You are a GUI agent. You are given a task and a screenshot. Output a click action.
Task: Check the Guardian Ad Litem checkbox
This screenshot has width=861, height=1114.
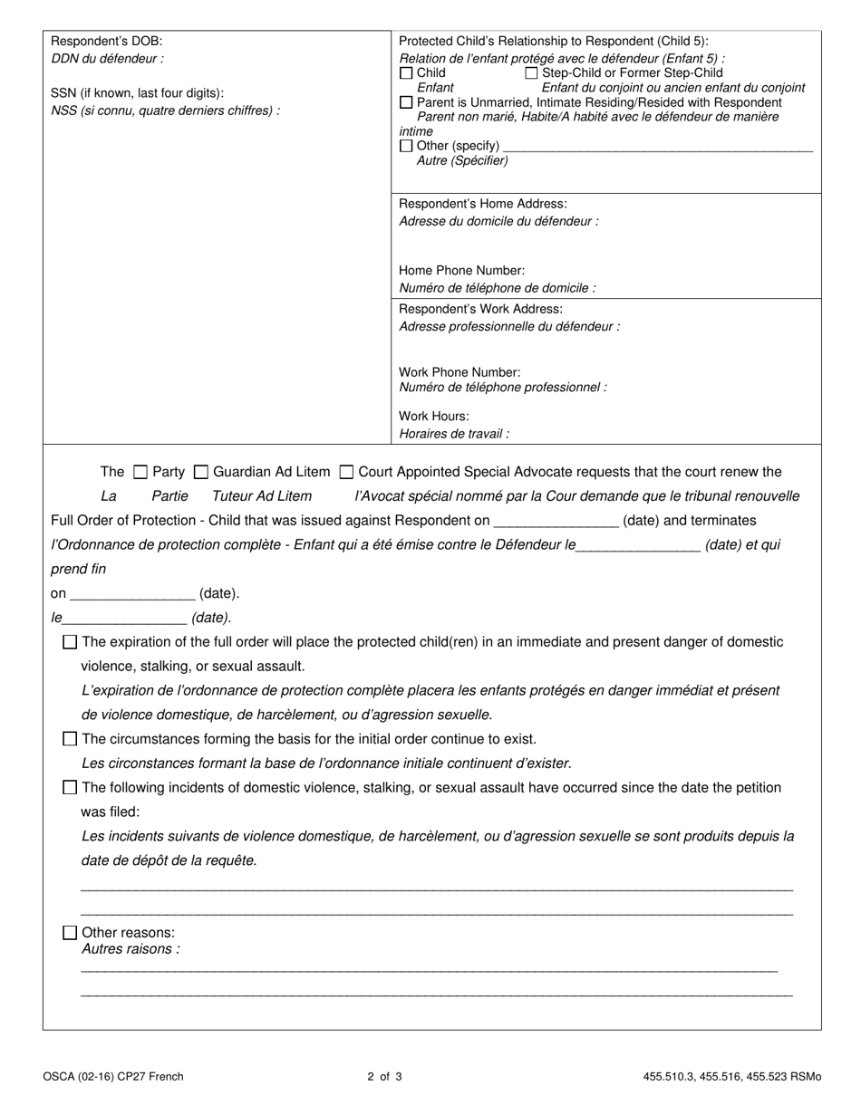coord(202,472)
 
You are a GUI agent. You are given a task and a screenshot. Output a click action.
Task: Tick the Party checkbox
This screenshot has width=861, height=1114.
coord(140,472)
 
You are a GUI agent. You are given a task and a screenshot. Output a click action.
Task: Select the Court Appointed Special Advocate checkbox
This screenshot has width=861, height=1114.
coord(346,472)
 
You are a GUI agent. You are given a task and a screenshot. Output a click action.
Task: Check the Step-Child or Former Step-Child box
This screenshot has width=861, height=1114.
coord(532,72)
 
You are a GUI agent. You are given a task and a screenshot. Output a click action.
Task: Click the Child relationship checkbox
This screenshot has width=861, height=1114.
coord(406,72)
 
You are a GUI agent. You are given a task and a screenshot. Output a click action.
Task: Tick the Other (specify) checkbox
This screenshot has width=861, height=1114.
coord(406,146)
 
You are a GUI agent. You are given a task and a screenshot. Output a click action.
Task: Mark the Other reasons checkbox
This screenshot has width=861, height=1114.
coord(70,933)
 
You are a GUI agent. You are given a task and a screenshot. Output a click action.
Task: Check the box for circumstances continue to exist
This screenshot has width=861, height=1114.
coord(70,739)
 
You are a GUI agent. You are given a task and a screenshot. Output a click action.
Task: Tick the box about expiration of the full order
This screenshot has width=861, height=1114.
coord(70,642)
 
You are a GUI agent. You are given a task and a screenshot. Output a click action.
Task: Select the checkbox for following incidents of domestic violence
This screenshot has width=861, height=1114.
coord(70,788)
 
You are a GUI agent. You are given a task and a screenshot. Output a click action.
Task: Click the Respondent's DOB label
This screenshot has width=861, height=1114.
coord(107,42)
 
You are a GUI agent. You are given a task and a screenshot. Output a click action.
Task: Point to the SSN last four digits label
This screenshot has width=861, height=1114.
coord(137,93)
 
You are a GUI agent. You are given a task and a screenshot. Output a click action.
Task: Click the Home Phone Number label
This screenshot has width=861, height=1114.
coord(461,271)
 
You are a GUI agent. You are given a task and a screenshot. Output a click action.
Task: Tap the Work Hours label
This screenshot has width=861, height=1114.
coord(434,417)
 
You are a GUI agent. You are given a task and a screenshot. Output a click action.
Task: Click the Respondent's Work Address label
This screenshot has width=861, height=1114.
coord(480,310)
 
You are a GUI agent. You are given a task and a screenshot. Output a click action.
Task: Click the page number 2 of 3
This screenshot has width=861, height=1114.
coord(384,1077)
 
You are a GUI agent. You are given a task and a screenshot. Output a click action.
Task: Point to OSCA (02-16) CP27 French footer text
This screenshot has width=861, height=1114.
coord(112,1077)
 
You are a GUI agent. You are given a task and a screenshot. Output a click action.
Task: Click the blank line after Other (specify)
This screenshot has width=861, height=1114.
coord(657,147)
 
